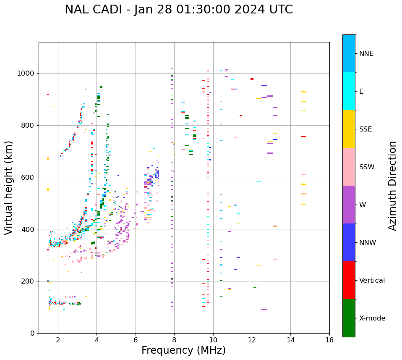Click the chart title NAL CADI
point(179,10)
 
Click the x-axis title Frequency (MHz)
point(183,350)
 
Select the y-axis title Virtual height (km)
point(9,187)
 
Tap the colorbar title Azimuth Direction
point(392,185)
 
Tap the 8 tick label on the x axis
point(174,340)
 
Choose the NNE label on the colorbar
point(366,54)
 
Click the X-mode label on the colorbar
point(372,318)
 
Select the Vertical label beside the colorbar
point(372,281)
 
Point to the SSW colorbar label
point(367,167)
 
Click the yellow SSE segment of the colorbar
point(349,129)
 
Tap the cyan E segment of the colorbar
point(349,91)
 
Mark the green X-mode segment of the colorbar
point(349,318)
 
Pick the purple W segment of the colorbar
point(349,205)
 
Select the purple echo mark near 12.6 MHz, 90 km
point(264,310)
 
